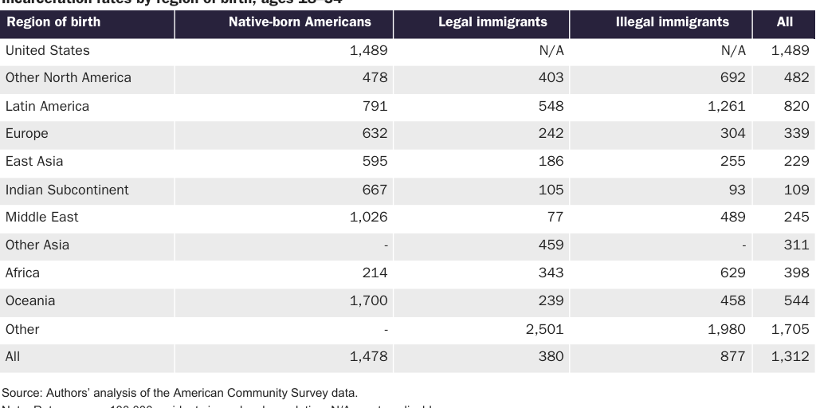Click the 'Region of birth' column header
click(x=53, y=22)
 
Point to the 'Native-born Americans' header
click(x=300, y=22)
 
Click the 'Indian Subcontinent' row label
click(x=67, y=190)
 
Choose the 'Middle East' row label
click(x=42, y=217)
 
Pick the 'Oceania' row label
click(x=30, y=300)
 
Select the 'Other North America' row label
click(x=69, y=77)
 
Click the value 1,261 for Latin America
click(x=726, y=106)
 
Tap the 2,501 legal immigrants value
click(x=544, y=329)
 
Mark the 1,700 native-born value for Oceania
click(x=368, y=300)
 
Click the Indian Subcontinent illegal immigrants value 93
click(x=736, y=190)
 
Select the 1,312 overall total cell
click(x=790, y=357)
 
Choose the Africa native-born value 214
click(x=374, y=273)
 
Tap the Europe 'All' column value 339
click(x=796, y=133)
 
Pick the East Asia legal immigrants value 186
click(x=550, y=161)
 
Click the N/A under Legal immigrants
click(x=551, y=50)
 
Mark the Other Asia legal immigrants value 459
click(x=550, y=245)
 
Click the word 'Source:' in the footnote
click(x=22, y=392)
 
